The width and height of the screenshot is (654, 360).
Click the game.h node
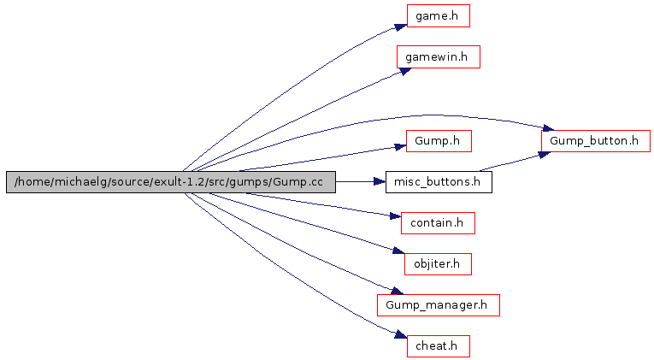click(438, 15)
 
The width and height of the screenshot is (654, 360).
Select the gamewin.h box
click(438, 56)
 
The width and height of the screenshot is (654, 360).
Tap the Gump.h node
click(438, 139)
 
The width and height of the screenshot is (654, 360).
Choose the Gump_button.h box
click(595, 141)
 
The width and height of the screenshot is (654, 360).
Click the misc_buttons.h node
click(439, 181)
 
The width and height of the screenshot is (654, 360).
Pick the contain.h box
click(438, 222)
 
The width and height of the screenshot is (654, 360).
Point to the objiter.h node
click(438, 263)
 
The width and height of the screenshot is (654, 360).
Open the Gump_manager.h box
click(438, 304)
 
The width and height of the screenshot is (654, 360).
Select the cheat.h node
click(438, 345)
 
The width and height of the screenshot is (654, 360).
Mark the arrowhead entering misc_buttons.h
click(379, 181)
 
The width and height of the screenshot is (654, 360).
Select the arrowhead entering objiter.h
click(398, 251)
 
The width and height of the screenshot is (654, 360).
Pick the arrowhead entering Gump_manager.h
click(394, 293)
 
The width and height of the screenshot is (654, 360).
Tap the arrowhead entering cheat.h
click(398, 335)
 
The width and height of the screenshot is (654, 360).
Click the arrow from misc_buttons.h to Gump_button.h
click(513, 162)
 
